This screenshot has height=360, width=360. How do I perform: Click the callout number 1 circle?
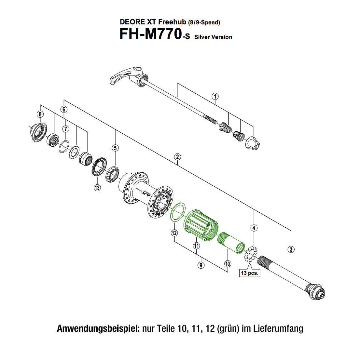[215, 96]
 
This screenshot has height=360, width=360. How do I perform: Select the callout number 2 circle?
[177, 157]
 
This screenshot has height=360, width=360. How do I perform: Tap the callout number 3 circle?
[291, 249]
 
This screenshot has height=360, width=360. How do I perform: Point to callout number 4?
[254, 228]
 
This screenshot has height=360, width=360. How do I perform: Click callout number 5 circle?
[115, 148]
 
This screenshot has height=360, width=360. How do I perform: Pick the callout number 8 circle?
[40, 114]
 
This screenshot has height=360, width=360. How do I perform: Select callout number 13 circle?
[97, 187]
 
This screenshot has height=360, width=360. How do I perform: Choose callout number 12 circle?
[174, 233]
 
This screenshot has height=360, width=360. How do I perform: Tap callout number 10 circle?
[228, 264]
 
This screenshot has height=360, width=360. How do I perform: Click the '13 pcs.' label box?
[250, 273]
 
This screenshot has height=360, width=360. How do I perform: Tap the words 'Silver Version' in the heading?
[213, 37]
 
